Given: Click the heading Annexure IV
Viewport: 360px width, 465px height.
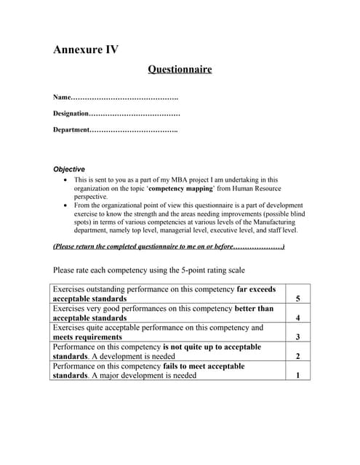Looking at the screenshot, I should [x=86, y=50].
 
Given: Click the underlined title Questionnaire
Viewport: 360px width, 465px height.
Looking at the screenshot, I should [x=180, y=70].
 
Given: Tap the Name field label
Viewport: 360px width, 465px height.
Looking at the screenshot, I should [x=63, y=97].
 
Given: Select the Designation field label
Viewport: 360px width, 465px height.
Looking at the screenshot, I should [x=71, y=113].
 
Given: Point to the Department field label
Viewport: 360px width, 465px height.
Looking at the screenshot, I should [x=71, y=130].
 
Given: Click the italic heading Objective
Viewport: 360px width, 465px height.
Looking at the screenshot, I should [x=69, y=169].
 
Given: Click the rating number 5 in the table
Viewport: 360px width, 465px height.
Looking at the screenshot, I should [x=298, y=299].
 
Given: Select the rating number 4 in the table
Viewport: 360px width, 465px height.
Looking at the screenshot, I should [x=298, y=318].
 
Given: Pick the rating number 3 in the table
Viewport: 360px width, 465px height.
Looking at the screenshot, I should [x=298, y=337].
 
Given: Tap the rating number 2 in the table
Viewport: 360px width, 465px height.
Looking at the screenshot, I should [x=298, y=357].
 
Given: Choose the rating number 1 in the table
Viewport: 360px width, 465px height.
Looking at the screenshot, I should [x=298, y=376].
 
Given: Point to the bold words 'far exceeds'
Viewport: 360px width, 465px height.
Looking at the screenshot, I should [x=257, y=289].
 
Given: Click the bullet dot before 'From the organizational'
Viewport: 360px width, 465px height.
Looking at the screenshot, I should [x=66, y=206].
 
